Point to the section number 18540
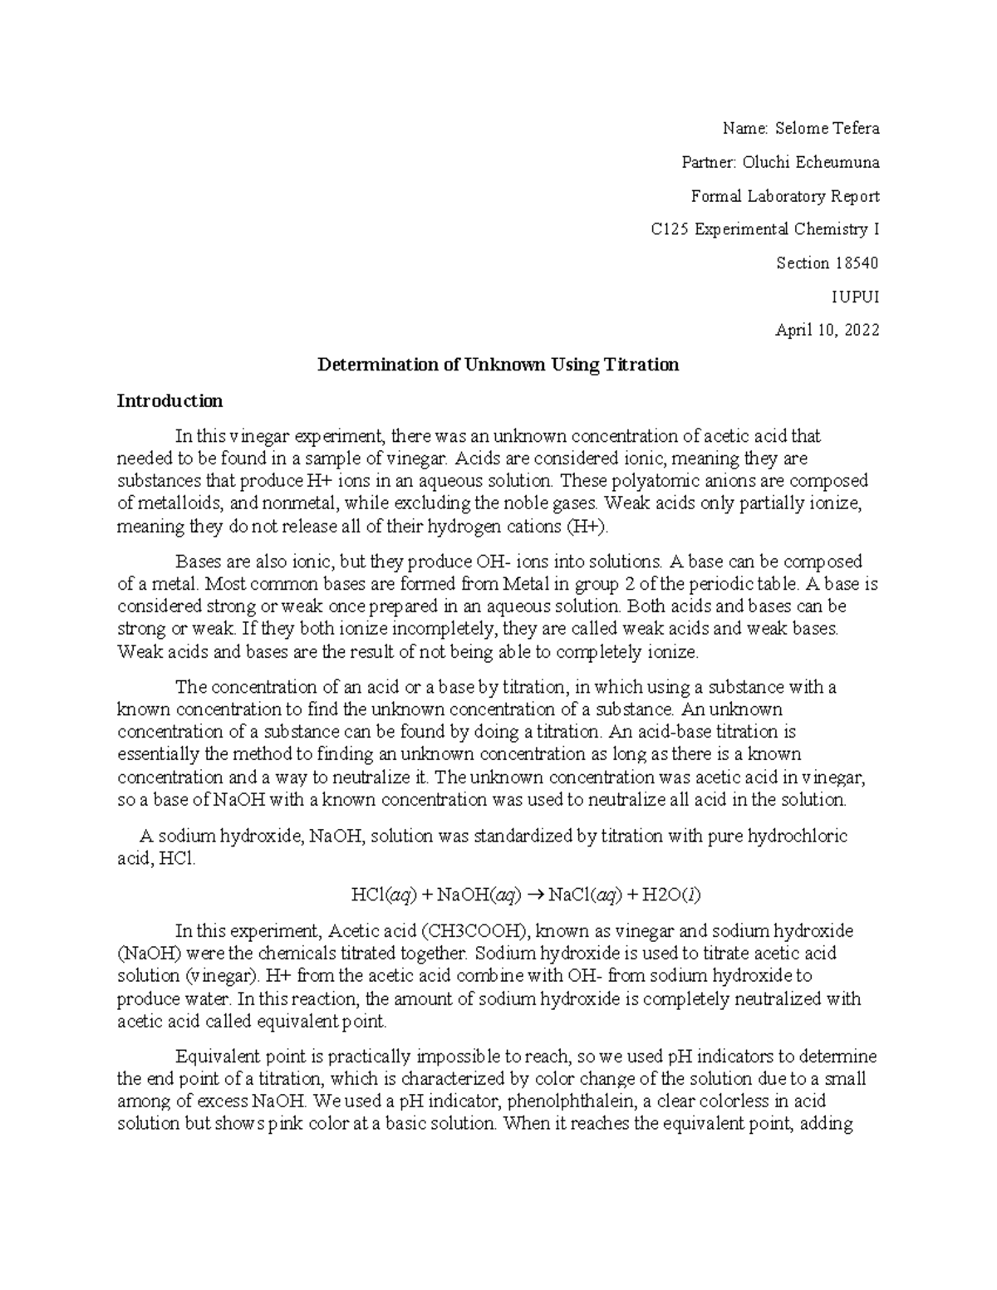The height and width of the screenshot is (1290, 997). (x=856, y=263)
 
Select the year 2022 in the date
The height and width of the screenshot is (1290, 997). (x=858, y=331)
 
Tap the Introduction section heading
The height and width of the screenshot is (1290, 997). (x=169, y=401)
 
